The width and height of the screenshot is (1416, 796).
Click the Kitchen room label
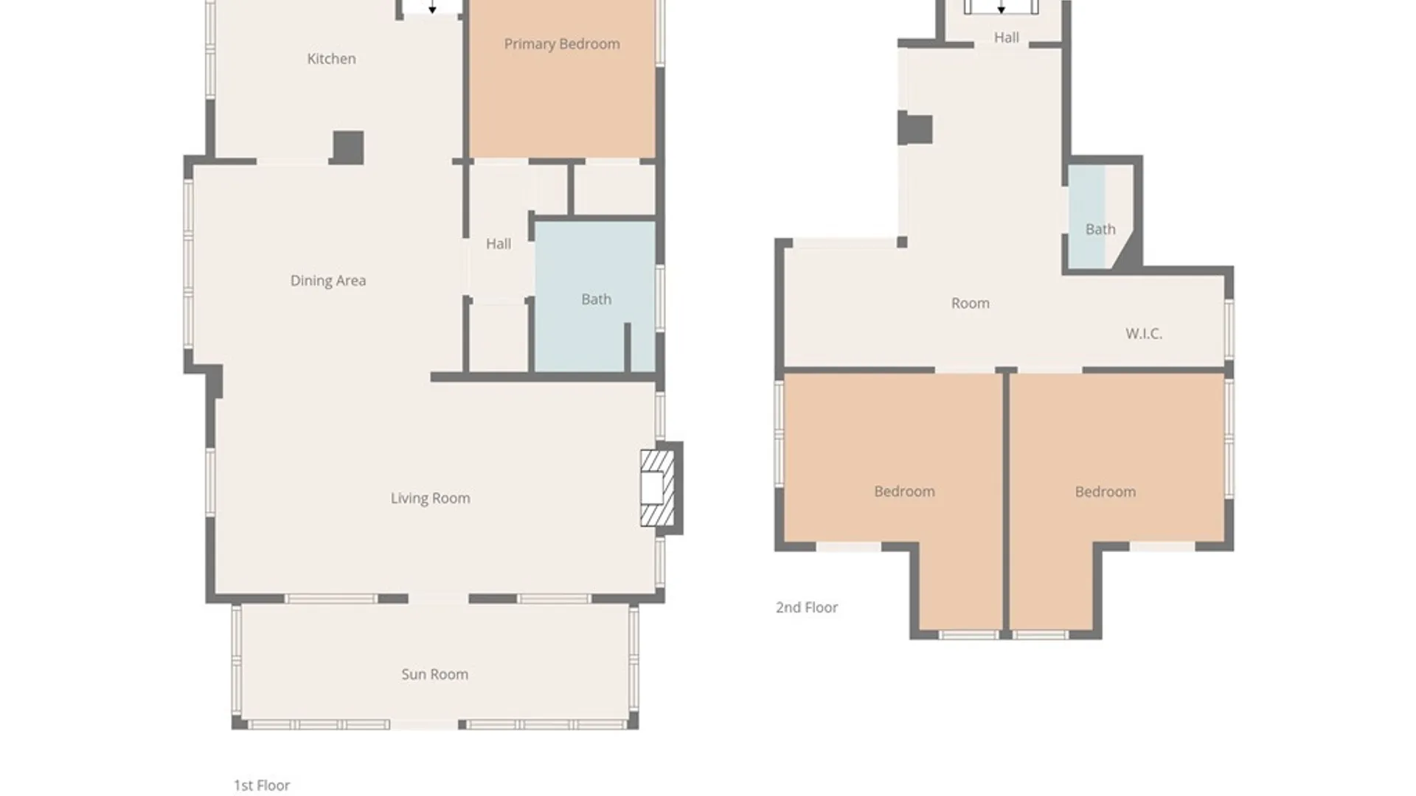coord(331,59)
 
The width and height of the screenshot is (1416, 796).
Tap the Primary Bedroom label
coord(562,44)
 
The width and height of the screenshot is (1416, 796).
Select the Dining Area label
coord(327,281)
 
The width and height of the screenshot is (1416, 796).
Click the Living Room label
coord(430,498)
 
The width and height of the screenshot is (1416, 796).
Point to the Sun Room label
coord(434,674)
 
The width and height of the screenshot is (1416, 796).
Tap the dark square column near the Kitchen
coord(348,147)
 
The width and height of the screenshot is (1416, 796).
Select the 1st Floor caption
coord(262,786)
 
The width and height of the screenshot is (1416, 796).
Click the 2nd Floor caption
coord(806,608)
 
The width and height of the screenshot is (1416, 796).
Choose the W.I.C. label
coord(1143,334)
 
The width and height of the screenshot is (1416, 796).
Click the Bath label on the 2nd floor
coord(1100,230)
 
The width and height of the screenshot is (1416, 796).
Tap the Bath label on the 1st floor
coord(596,300)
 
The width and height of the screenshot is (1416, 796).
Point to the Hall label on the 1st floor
coord(499,244)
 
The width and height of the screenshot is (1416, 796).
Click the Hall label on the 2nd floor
coord(1006,38)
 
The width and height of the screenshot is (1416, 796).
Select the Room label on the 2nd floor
coord(970,304)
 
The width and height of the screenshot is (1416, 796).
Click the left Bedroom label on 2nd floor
coord(904,492)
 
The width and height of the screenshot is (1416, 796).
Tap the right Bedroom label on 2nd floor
coord(1105,492)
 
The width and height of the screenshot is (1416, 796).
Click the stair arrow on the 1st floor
coord(432,8)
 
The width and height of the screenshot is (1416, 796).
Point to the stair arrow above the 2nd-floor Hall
coord(1001,8)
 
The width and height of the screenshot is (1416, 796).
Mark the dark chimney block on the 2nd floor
coord(915,130)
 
